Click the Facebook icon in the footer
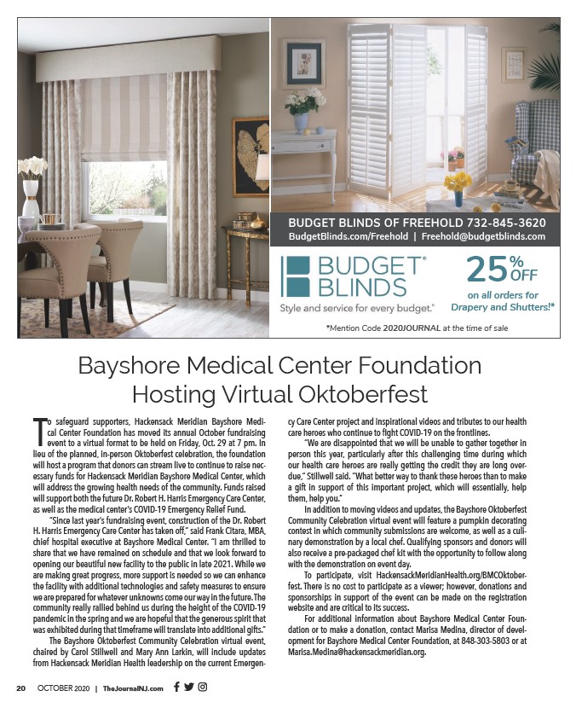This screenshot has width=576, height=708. click(176, 687)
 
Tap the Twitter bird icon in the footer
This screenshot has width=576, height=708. click(189, 687)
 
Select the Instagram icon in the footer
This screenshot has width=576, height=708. click(203, 687)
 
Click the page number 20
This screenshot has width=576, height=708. click(21, 688)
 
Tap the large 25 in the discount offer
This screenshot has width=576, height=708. click(486, 271)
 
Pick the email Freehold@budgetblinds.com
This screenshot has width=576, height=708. click(483, 236)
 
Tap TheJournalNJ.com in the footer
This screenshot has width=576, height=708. click(138, 688)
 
